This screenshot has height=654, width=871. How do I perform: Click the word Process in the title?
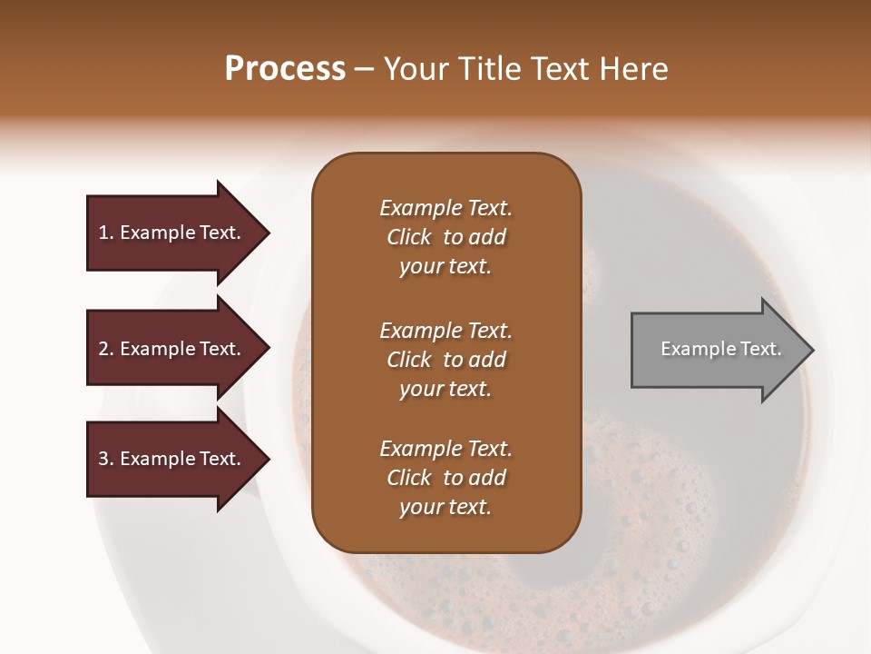click(x=285, y=69)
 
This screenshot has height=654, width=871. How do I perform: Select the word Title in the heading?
click(x=494, y=69)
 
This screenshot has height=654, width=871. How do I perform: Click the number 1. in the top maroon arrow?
click(x=105, y=233)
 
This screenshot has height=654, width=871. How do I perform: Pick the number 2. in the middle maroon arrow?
click(x=105, y=349)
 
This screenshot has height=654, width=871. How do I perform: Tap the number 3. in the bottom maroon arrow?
click(x=105, y=459)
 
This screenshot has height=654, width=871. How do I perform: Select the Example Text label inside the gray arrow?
click(x=721, y=349)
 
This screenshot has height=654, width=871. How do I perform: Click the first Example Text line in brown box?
click(x=445, y=208)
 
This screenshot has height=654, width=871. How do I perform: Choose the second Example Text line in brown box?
click(x=445, y=331)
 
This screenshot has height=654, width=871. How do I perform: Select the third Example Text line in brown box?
click(x=445, y=449)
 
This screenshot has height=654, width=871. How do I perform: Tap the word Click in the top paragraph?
click(x=408, y=237)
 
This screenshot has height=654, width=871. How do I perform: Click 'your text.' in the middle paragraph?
click(x=445, y=389)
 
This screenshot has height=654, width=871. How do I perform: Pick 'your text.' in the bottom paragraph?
click(x=445, y=507)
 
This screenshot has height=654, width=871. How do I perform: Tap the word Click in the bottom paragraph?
click(x=408, y=478)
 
